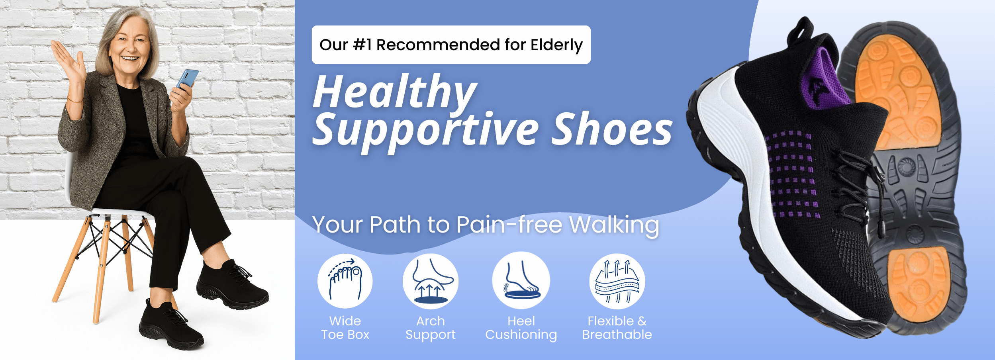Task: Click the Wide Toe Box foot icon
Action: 345,281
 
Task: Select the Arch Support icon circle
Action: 430,281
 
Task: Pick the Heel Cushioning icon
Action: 521,280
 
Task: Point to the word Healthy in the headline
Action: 395,92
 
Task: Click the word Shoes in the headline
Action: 612,129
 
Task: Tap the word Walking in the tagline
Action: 614,225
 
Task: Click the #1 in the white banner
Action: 362,45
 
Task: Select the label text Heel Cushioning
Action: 521,328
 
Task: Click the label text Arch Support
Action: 431,328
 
